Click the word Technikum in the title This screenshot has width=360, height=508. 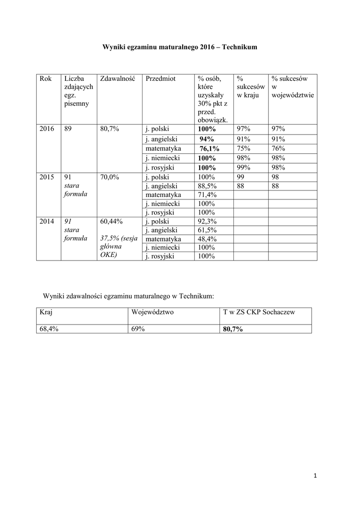(239, 47)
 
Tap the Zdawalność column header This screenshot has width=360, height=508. (118, 78)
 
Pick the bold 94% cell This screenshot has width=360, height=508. (207, 139)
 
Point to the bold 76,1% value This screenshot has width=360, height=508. (209, 149)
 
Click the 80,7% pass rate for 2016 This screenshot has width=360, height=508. (109, 129)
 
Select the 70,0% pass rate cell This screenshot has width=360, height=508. (109, 176)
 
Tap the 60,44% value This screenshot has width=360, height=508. (111, 221)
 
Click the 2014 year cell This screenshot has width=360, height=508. (47, 221)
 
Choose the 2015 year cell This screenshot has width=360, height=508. (47, 176)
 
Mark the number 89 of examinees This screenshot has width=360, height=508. (69, 129)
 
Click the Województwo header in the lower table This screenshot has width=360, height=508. (152, 312)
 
